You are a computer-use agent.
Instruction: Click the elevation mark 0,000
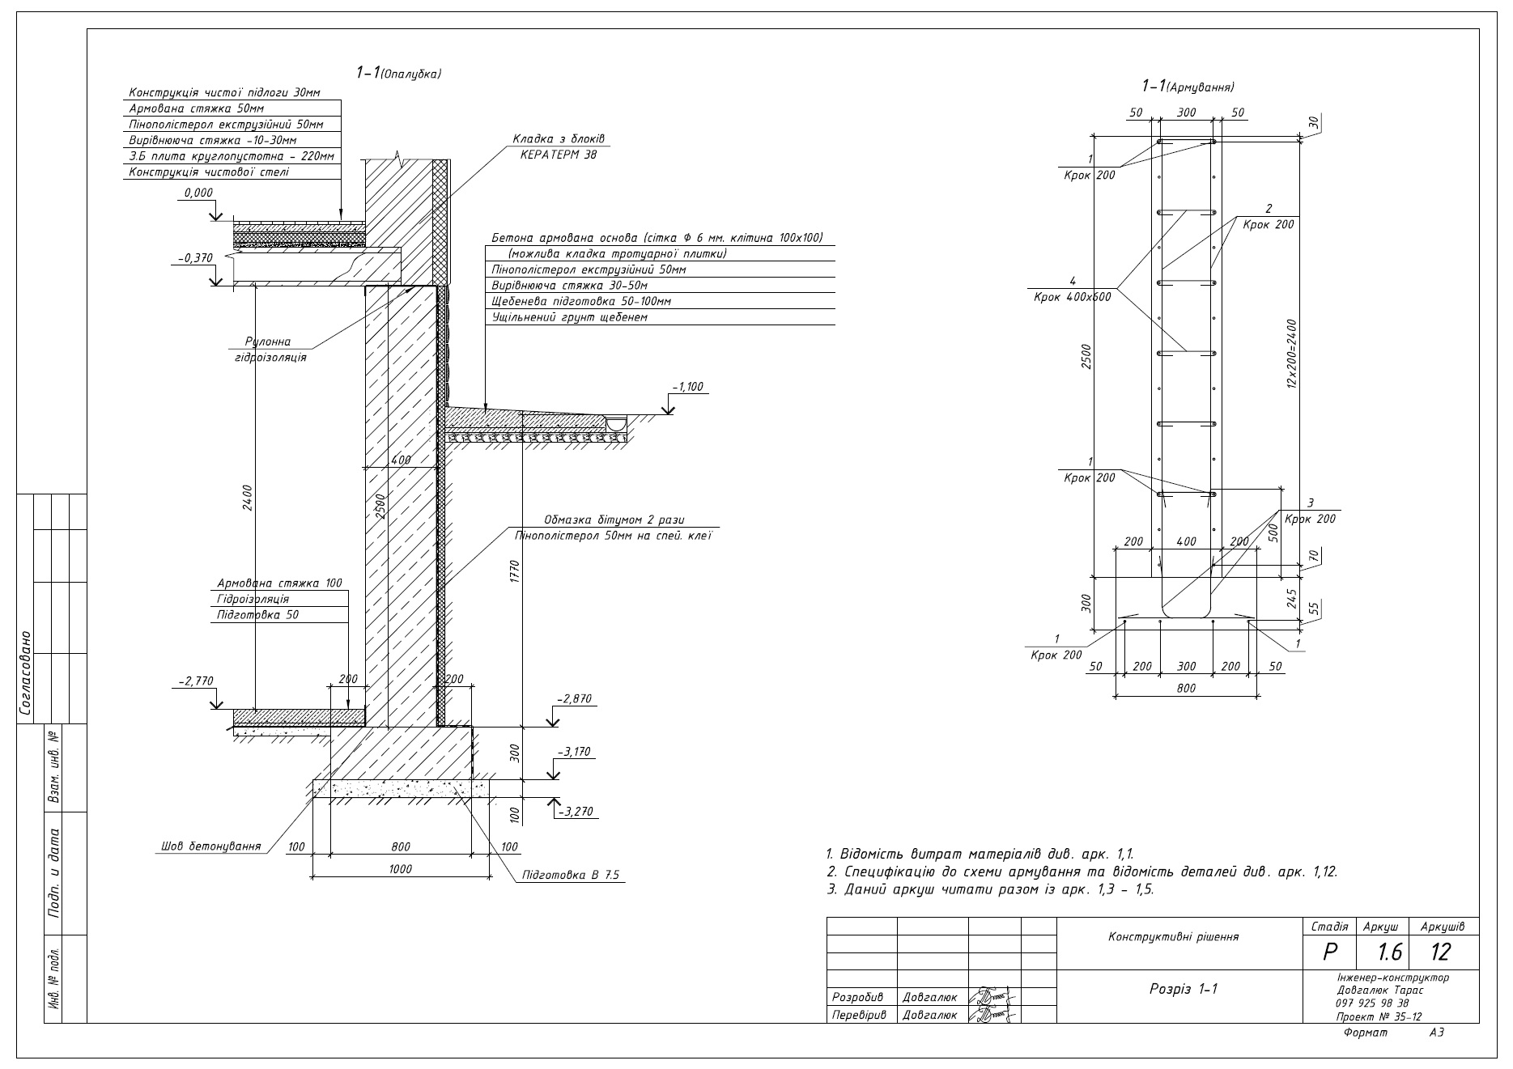pyautogui.click(x=198, y=193)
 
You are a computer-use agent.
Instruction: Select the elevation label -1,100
pyautogui.click(x=690, y=387)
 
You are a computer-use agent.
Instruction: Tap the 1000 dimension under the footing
pyautogui.click(x=401, y=869)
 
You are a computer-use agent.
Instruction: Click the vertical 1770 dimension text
pyautogui.click(x=516, y=571)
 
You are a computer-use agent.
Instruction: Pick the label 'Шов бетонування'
pyautogui.click(x=211, y=846)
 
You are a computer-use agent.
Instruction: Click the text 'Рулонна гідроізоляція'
pyautogui.click(x=267, y=349)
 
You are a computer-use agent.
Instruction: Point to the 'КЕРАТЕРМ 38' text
pyautogui.click(x=559, y=154)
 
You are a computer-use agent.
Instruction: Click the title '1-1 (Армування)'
pyautogui.click(x=1188, y=86)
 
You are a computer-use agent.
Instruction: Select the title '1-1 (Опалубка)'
pyautogui.click(x=398, y=73)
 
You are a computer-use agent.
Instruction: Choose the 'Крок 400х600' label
pyautogui.click(x=1072, y=296)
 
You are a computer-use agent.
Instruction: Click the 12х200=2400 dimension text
pyautogui.click(x=1292, y=354)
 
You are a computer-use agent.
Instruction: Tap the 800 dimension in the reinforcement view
pyautogui.click(x=1186, y=688)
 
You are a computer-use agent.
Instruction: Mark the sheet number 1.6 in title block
pyautogui.click(x=1389, y=952)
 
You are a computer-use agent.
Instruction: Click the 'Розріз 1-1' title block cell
pyautogui.click(x=1184, y=989)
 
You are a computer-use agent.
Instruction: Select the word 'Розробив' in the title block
pyautogui.click(x=857, y=997)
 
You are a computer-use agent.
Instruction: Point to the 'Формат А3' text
pyautogui.click(x=1392, y=1033)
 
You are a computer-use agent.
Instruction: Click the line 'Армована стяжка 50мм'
pyautogui.click(x=197, y=108)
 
